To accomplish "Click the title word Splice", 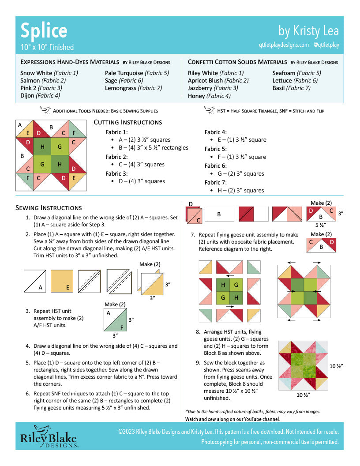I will coord(44,31).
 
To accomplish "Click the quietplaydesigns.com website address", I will coord(284,45).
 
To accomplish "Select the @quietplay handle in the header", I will coord(326,45).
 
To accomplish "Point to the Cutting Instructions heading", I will coord(128,122).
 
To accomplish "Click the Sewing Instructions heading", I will coord(49,207).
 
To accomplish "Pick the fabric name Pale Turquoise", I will coord(124,73).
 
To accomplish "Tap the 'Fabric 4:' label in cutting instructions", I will coord(216,132).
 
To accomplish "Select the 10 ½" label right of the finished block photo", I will coord(336,366).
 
